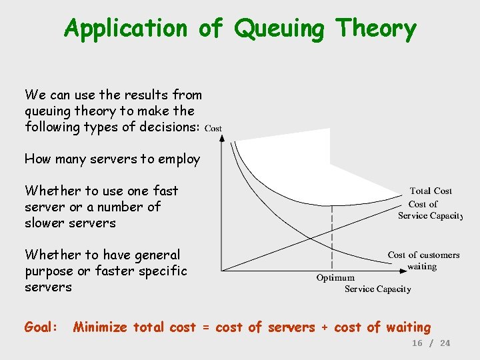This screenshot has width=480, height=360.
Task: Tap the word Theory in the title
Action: tap(377, 29)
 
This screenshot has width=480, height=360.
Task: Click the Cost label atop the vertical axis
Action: tap(213, 128)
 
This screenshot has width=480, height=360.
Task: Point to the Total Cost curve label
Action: tap(431, 191)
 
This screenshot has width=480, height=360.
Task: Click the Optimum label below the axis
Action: tap(335, 277)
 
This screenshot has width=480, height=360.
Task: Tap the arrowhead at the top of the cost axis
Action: tap(222, 138)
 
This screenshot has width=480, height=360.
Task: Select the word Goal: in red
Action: tap(41, 327)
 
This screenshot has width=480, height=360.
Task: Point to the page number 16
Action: tap(417, 343)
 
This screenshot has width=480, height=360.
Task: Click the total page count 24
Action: tap(445, 343)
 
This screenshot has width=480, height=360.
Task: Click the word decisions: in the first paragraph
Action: tap(167, 127)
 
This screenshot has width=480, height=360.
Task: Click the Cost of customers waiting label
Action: tap(423, 261)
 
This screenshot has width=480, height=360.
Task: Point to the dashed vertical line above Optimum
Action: tap(332, 233)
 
